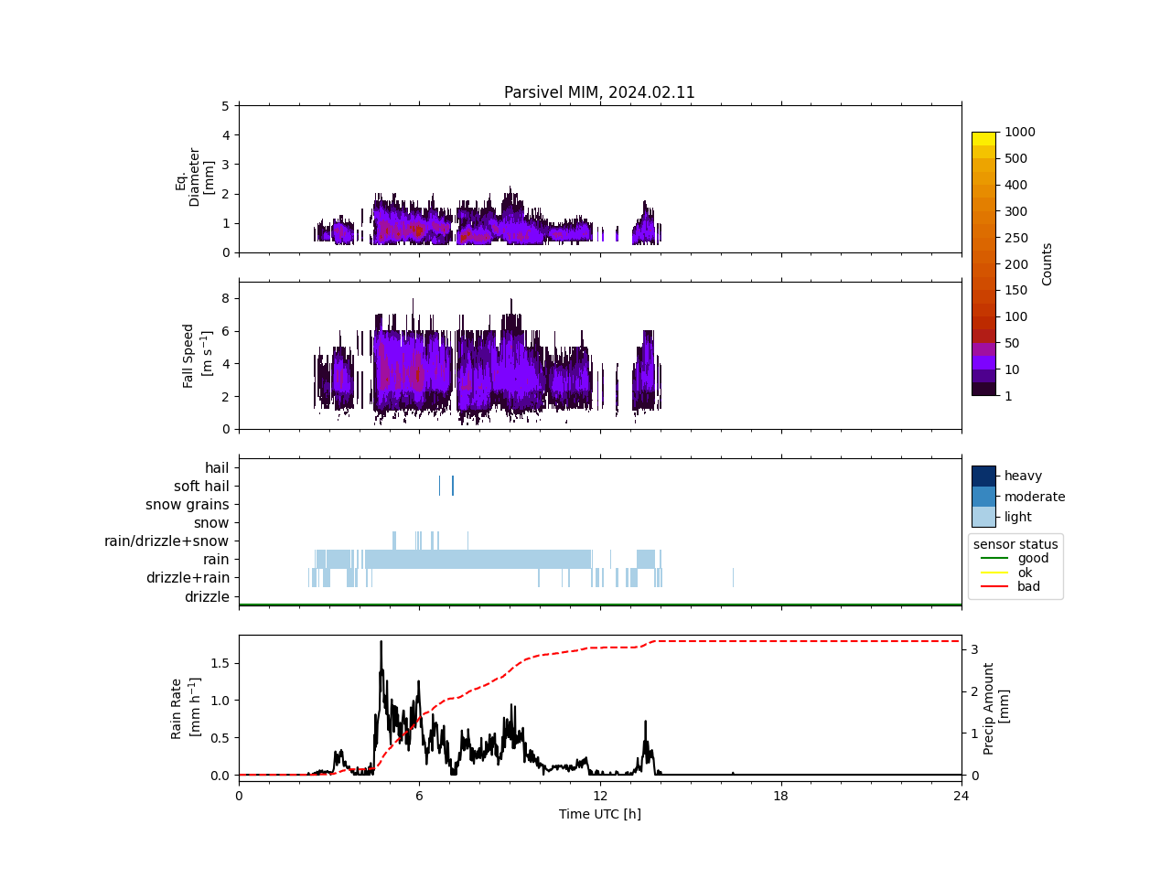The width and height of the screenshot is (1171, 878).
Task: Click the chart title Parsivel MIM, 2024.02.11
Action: pyautogui.click(x=599, y=92)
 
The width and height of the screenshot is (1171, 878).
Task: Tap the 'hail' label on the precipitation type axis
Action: pyautogui.click(x=217, y=468)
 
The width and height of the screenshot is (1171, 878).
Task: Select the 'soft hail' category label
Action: pyautogui.click(x=201, y=487)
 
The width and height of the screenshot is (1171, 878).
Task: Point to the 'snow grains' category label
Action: pyautogui.click(x=187, y=505)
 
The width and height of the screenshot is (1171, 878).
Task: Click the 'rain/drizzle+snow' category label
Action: pyautogui.click(x=167, y=541)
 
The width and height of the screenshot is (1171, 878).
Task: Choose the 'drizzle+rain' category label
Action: pyautogui.click(x=188, y=578)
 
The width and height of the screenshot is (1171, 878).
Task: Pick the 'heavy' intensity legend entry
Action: pyautogui.click(x=1023, y=476)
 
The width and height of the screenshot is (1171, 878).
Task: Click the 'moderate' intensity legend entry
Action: pyautogui.click(x=1034, y=497)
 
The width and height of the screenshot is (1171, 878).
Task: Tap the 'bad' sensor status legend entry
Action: pyautogui.click(x=1028, y=586)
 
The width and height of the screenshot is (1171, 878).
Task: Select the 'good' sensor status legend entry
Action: pyautogui.click(x=1033, y=558)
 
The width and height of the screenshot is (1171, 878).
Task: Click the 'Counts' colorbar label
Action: pyautogui.click(x=1047, y=263)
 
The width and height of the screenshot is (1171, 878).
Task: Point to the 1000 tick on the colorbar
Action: pyautogui.click(x=1019, y=133)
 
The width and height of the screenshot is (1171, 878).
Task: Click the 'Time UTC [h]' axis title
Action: pyautogui.click(x=599, y=814)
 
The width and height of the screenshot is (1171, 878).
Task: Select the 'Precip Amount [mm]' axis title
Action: pyautogui.click(x=995, y=709)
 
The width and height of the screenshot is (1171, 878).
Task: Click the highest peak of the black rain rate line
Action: pyautogui.click(x=381, y=642)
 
